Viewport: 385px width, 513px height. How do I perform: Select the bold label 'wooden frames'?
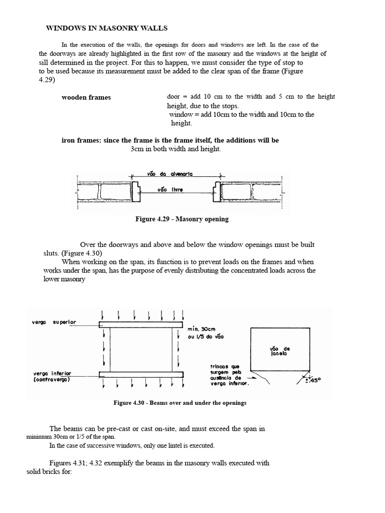click(x=86, y=97)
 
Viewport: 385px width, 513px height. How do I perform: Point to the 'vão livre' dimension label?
click(x=170, y=190)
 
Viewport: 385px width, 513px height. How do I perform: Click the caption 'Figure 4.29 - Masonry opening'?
click(x=182, y=219)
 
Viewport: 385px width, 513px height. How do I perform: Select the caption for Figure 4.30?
click(x=180, y=403)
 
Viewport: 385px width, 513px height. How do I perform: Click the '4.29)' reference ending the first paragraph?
click(x=47, y=80)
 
